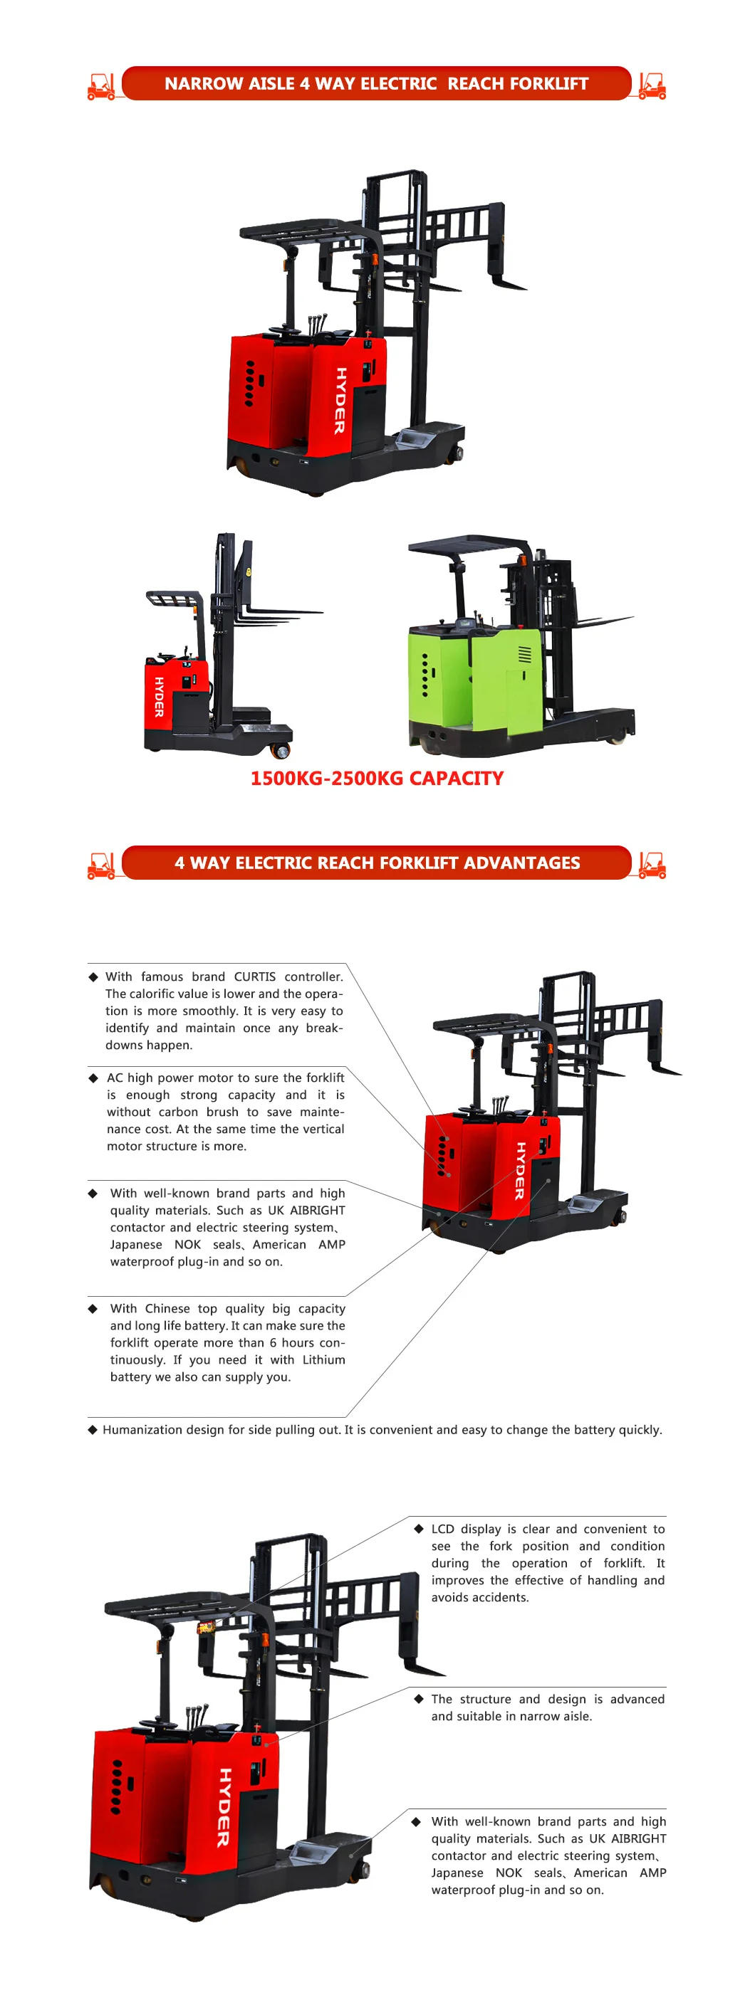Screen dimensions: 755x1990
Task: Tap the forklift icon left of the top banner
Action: click(x=101, y=85)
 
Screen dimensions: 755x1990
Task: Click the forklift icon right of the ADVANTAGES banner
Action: click(x=652, y=865)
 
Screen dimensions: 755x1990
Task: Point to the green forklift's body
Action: click(x=494, y=684)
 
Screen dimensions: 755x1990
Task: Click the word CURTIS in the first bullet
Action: click(x=254, y=976)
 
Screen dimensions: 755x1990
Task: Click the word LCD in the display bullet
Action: click(x=443, y=1529)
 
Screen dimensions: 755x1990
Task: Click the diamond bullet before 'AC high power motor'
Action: click(x=93, y=1078)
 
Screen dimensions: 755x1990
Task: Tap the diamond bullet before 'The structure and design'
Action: click(x=419, y=1699)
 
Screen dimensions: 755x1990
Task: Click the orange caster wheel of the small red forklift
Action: click(x=281, y=750)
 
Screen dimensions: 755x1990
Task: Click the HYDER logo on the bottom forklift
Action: click(x=224, y=1807)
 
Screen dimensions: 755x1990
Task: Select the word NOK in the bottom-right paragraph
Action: click(x=509, y=1873)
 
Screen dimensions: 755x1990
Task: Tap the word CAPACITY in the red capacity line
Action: click(x=456, y=778)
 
